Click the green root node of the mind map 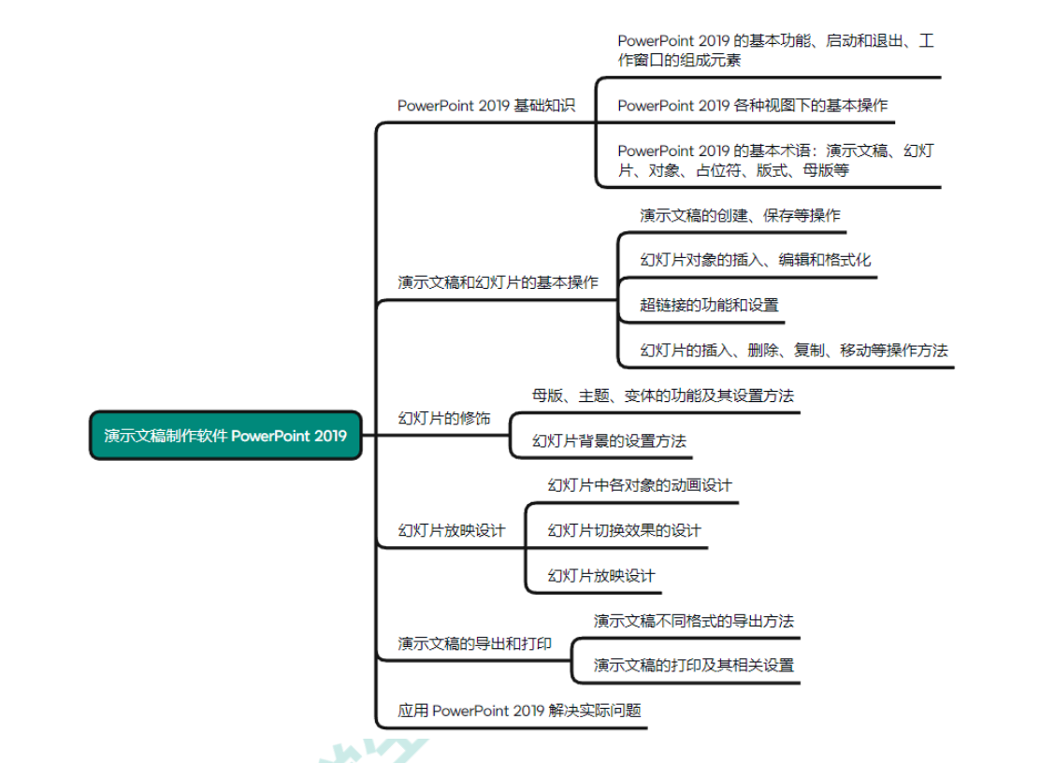tap(226, 436)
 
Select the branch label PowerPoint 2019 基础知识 tap(485, 106)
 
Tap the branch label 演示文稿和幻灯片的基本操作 tap(498, 282)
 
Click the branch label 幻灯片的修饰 tap(444, 419)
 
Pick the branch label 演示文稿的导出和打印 tap(474, 644)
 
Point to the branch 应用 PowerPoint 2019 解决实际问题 tap(519, 711)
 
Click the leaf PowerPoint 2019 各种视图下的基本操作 tap(752, 106)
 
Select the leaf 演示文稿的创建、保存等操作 tap(740, 215)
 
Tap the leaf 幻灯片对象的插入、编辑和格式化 tap(756, 260)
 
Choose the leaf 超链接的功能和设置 tap(709, 305)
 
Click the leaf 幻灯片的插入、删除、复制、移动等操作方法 tap(794, 350)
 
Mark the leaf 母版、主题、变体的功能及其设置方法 tap(663, 396)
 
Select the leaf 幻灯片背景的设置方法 tap(609, 440)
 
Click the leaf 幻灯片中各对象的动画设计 tap(640, 485)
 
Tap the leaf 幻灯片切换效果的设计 tap(625, 530)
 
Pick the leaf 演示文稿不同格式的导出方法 tap(694, 620)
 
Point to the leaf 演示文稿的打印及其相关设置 tap(694, 665)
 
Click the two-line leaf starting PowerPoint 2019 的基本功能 tap(775, 50)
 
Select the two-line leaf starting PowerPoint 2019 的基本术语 tap(775, 160)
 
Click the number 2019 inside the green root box tap(330, 436)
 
